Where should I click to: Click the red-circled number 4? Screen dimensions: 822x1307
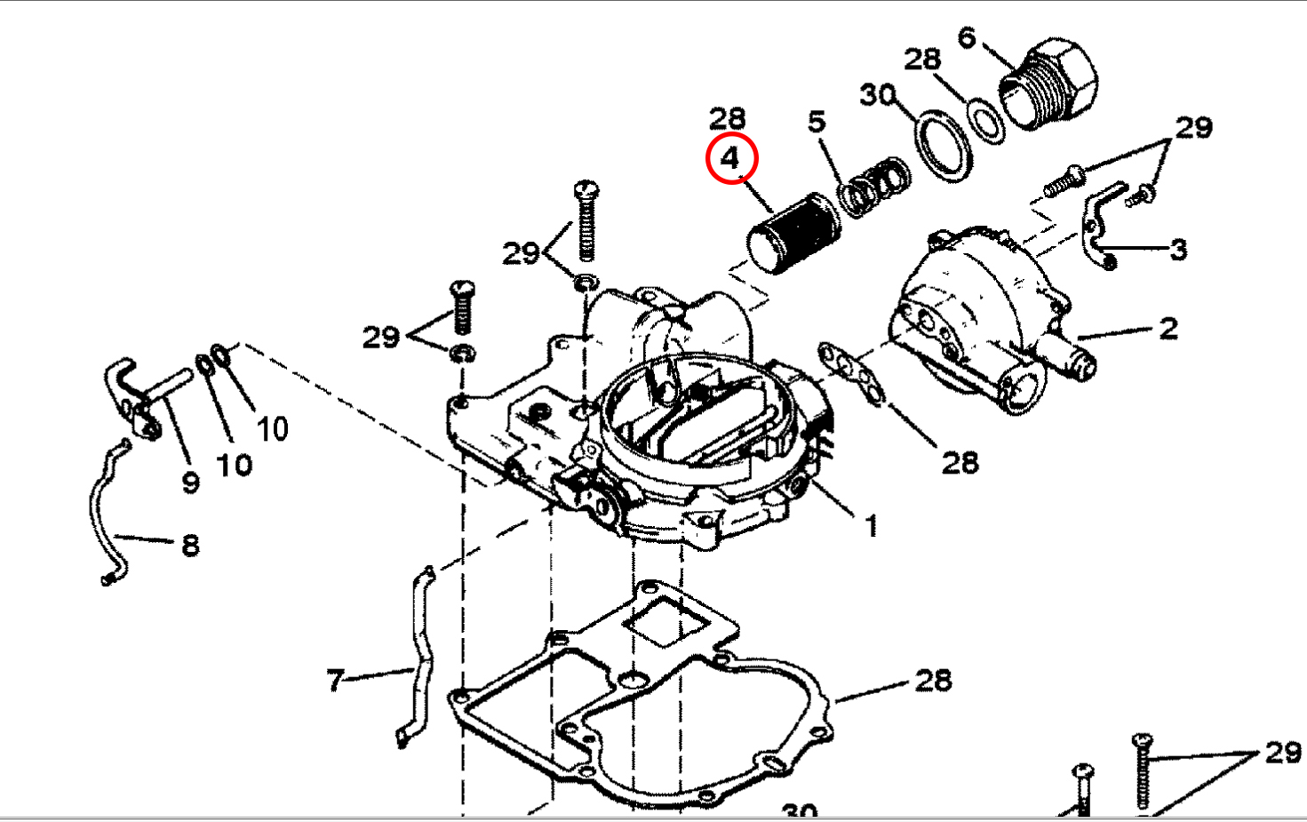click(730, 158)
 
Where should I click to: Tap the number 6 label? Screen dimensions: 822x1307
click(967, 37)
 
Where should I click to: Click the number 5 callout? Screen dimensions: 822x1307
click(817, 122)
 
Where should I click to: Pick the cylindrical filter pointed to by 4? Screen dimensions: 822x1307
click(791, 234)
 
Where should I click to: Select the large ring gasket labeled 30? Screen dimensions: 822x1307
click(944, 145)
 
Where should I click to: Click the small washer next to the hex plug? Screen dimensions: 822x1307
click(985, 121)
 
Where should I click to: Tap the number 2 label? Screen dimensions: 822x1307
click(1168, 329)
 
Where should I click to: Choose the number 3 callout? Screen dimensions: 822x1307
click(1178, 249)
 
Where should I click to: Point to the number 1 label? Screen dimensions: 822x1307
click(871, 525)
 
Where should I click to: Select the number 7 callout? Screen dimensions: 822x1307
click(335, 681)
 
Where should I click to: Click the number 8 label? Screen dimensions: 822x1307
click(190, 545)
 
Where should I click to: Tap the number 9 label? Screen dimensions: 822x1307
click(190, 483)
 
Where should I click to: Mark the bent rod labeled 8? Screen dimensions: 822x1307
click(105, 515)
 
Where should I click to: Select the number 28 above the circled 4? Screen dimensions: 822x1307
click(727, 117)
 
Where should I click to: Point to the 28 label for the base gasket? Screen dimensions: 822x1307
click(933, 681)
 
